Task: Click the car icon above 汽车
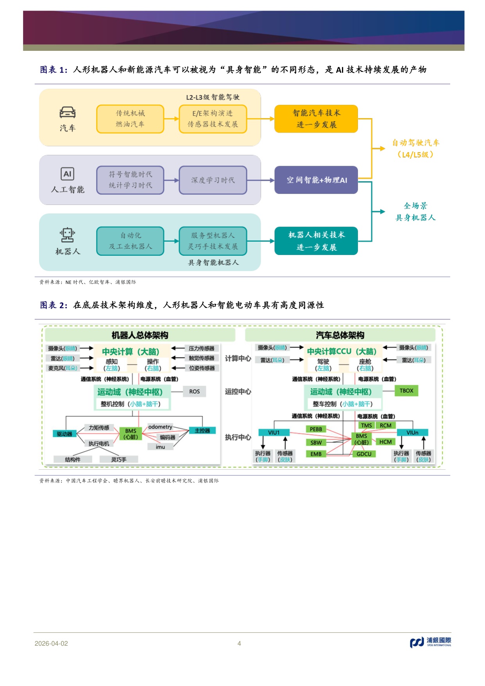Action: tap(68, 113)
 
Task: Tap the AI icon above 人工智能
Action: tap(67, 174)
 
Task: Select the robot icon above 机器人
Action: tap(68, 235)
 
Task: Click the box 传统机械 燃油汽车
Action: tap(130, 119)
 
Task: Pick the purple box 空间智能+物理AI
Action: tap(316, 180)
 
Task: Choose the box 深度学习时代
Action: tap(213, 180)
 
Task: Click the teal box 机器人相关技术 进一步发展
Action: tap(316, 241)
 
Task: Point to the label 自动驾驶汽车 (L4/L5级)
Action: tap(415, 149)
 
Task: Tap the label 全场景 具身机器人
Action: tap(415, 212)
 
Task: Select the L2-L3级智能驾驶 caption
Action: tap(213, 97)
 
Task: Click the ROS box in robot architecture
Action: tap(194, 391)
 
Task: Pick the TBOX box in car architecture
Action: tap(406, 391)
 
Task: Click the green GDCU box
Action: tap(364, 454)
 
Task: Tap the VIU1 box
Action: tap(274, 433)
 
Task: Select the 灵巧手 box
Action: tap(118, 460)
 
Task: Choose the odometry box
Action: tap(160, 427)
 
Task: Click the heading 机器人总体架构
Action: tap(140, 335)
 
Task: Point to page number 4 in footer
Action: tap(239, 643)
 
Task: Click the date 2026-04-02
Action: tap(51, 643)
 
